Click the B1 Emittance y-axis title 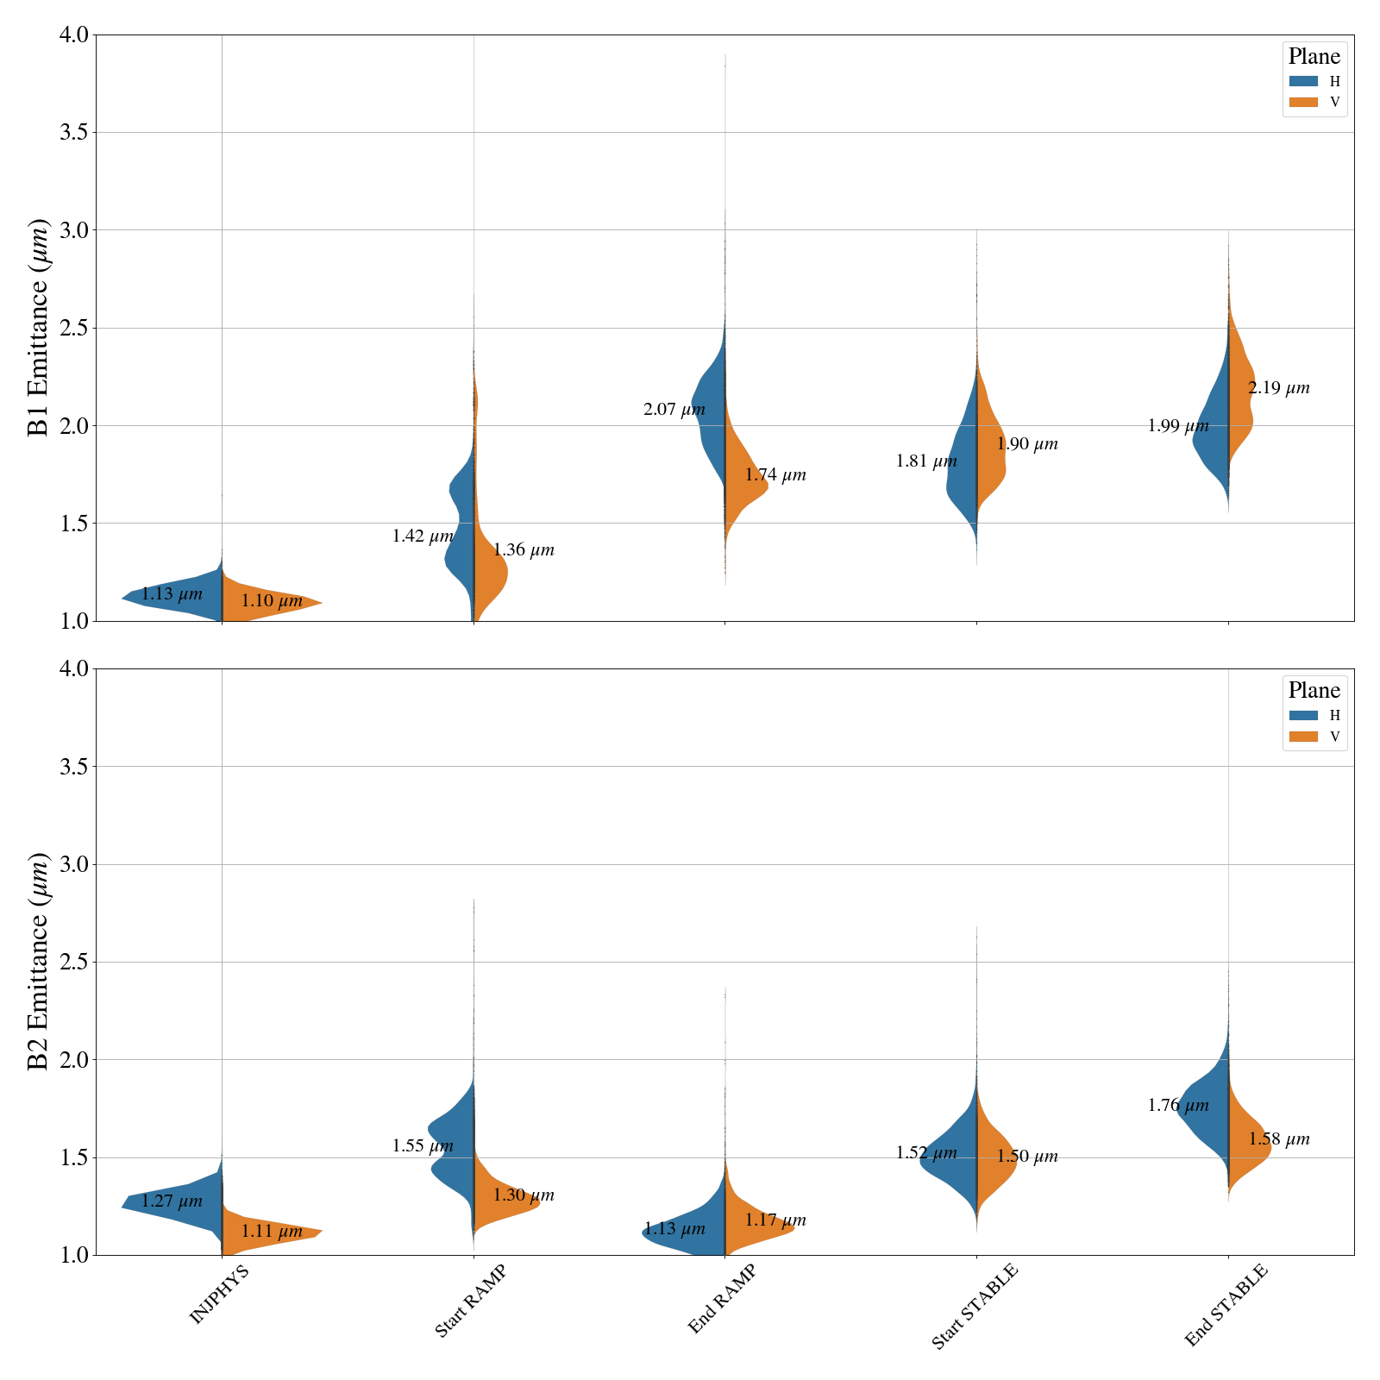coord(39,328)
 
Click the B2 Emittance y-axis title coord(39,962)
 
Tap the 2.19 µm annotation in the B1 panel coord(1278,388)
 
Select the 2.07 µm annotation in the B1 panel coord(674,410)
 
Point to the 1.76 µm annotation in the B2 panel coord(1178,1106)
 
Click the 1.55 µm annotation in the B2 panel coord(423,1146)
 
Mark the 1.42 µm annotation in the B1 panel coord(423,536)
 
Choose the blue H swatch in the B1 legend coord(1303,81)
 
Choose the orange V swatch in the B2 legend coord(1303,737)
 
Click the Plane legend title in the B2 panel coord(1314,690)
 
